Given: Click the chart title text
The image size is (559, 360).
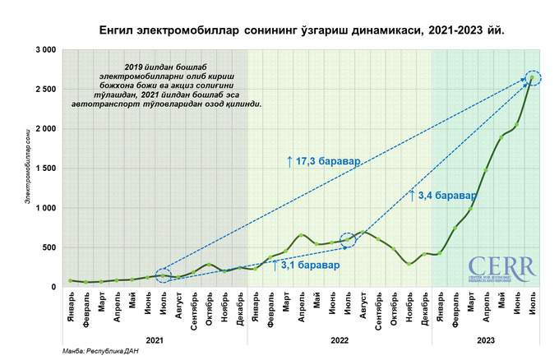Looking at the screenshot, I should (300, 30).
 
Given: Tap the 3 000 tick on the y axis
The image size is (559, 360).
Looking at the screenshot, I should (44, 50).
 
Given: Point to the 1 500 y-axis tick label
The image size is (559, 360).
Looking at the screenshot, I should (44, 168).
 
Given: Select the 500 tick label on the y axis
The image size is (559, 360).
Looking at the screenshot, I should (49, 247).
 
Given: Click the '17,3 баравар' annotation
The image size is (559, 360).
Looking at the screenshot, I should (323, 162).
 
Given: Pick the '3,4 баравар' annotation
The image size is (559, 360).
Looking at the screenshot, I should (441, 196).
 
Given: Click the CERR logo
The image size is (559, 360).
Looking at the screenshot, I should (501, 268).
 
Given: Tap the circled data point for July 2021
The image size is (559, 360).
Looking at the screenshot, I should (163, 275).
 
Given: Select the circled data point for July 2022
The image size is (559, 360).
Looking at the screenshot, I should (348, 240).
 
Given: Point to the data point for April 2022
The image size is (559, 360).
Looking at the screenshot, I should (302, 235).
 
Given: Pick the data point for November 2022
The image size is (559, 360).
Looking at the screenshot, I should (409, 263).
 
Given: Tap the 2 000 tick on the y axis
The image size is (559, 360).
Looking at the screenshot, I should (44, 129).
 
